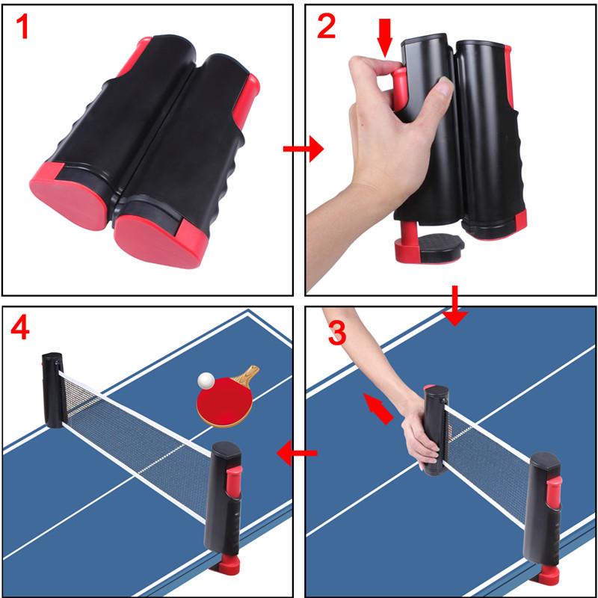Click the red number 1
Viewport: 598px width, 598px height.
point(22,28)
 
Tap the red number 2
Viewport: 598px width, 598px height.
point(326,27)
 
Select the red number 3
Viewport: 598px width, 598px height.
point(337,333)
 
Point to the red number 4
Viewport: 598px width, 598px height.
point(20,328)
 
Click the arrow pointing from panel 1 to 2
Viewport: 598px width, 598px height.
point(303,149)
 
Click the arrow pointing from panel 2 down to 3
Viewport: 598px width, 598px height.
point(455,306)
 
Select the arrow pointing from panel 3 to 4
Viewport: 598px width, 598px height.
point(297,453)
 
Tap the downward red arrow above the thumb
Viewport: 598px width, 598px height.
point(385,38)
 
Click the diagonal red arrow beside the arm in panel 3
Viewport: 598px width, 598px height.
point(377,408)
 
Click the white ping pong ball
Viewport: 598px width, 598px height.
point(206,380)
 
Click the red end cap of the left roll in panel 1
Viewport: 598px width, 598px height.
point(69,195)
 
